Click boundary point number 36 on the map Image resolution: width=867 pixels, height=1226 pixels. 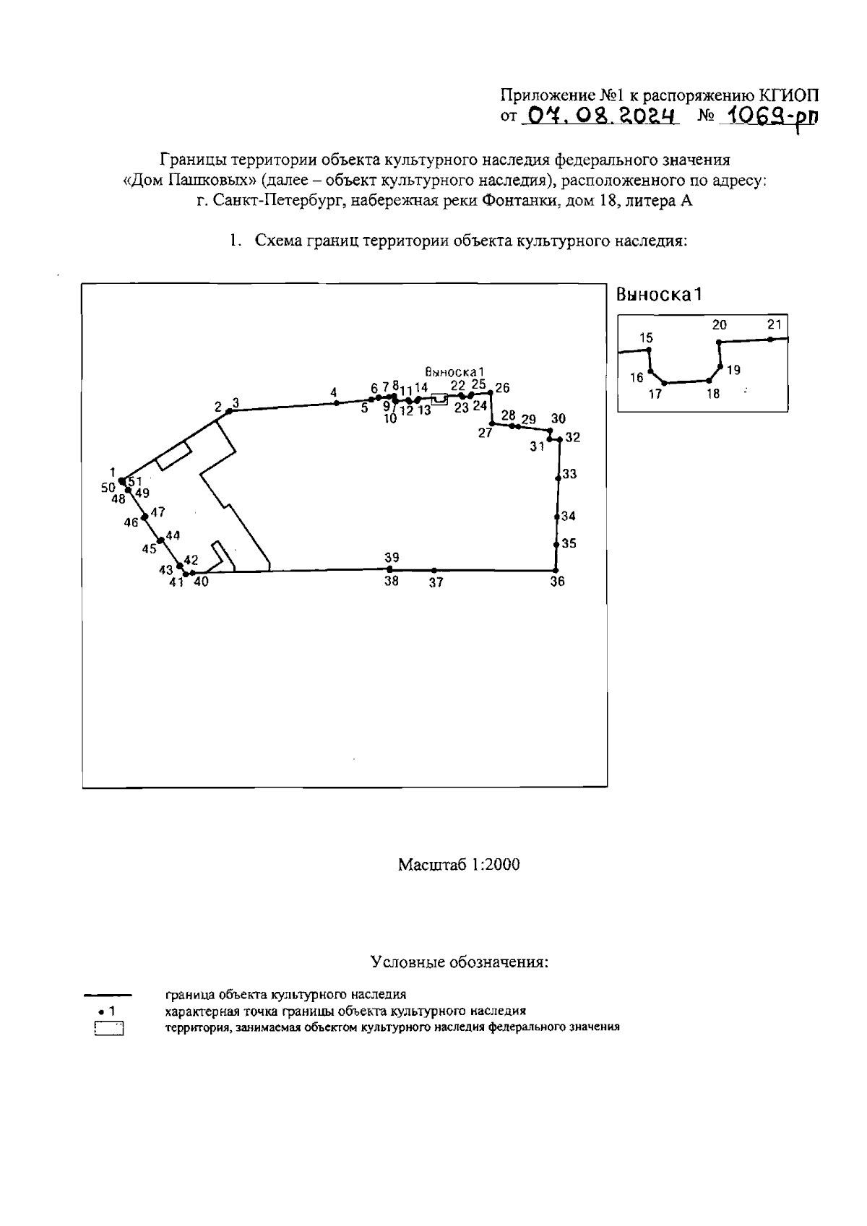click(x=556, y=570)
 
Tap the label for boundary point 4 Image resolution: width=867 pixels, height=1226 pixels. click(x=334, y=392)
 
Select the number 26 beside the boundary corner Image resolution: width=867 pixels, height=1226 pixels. click(x=502, y=388)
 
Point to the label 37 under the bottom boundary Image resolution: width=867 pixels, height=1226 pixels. click(x=436, y=582)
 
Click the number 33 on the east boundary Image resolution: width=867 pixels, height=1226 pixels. click(x=569, y=474)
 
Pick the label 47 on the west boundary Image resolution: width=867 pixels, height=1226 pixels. click(x=158, y=511)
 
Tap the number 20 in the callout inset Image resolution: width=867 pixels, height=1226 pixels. click(x=720, y=325)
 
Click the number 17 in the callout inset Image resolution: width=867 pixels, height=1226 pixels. click(x=655, y=394)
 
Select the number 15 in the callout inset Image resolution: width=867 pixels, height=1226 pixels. click(x=646, y=337)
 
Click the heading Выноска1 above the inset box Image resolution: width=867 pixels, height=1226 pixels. click(x=659, y=294)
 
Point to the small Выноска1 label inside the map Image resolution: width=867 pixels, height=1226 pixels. click(x=454, y=372)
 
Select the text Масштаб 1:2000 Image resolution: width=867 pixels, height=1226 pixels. click(x=459, y=865)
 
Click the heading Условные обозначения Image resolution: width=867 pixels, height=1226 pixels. click(x=459, y=962)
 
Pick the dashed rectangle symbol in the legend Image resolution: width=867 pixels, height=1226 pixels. click(x=109, y=1028)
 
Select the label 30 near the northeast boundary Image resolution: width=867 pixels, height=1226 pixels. click(x=558, y=418)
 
